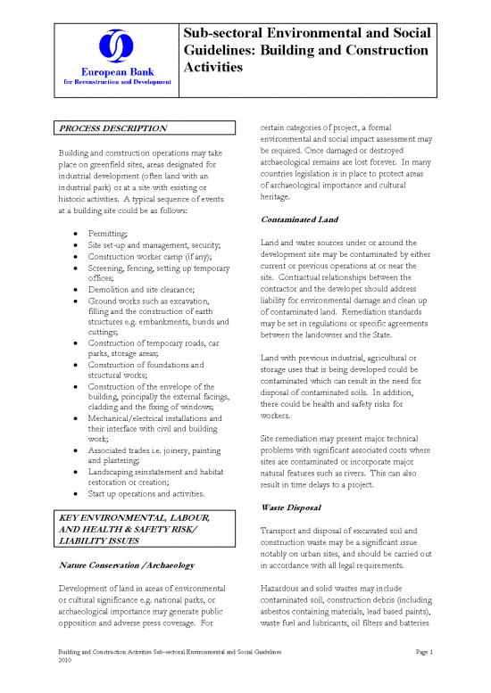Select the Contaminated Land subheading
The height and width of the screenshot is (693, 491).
(x=301, y=219)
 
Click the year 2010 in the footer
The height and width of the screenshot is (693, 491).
(x=63, y=664)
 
